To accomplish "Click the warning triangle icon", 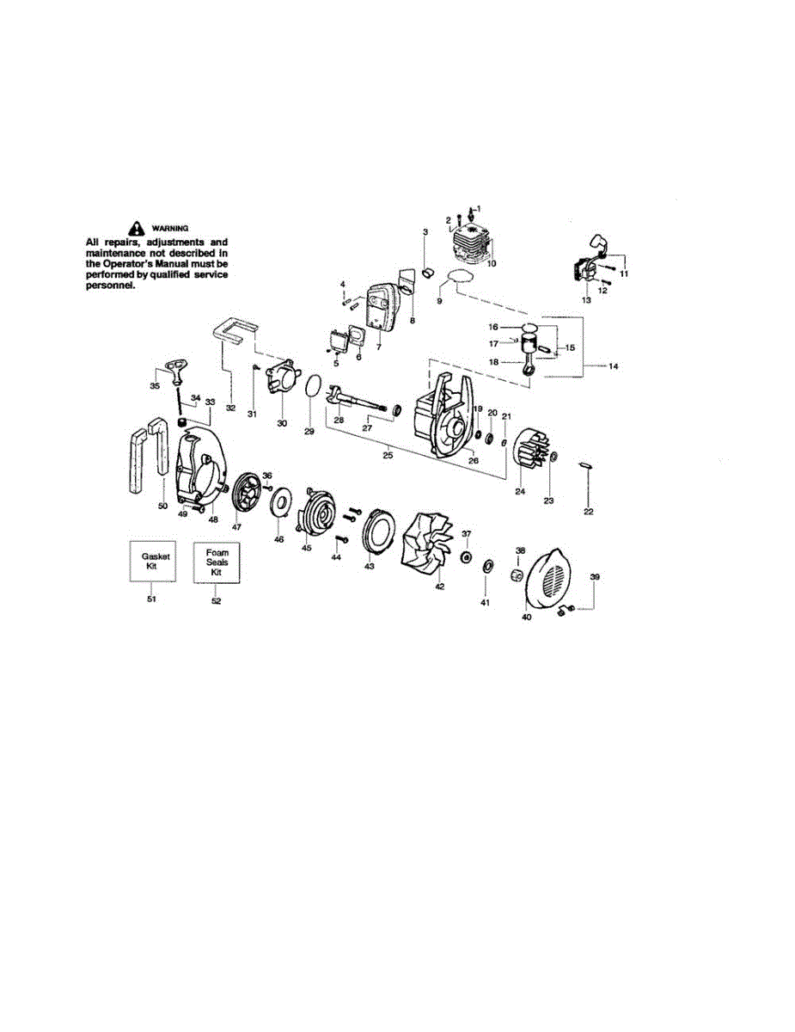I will point(135,228).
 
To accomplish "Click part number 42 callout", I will point(439,586).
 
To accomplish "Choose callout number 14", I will point(613,367).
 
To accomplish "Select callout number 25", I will point(388,455).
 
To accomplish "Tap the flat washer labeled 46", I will point(280,501).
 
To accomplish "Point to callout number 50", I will point(162,507).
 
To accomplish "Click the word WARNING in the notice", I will point(169,228).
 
